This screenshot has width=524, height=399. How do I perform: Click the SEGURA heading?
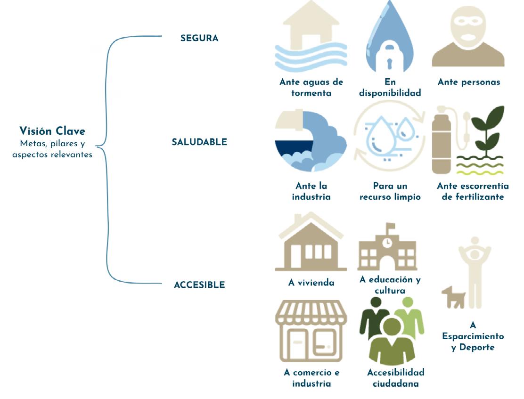199,39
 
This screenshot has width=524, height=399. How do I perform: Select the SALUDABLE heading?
199,142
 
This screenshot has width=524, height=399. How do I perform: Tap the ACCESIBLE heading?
199,285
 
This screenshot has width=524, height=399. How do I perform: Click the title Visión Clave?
52,130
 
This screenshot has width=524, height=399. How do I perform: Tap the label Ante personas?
469,82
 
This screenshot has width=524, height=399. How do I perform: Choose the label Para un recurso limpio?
390,191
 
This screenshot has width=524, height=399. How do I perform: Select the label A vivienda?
311,283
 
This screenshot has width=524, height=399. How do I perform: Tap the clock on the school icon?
387,243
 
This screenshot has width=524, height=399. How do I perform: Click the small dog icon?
453,297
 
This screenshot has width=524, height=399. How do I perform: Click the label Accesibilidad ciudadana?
395,378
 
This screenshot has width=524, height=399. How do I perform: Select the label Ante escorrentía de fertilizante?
470,191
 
